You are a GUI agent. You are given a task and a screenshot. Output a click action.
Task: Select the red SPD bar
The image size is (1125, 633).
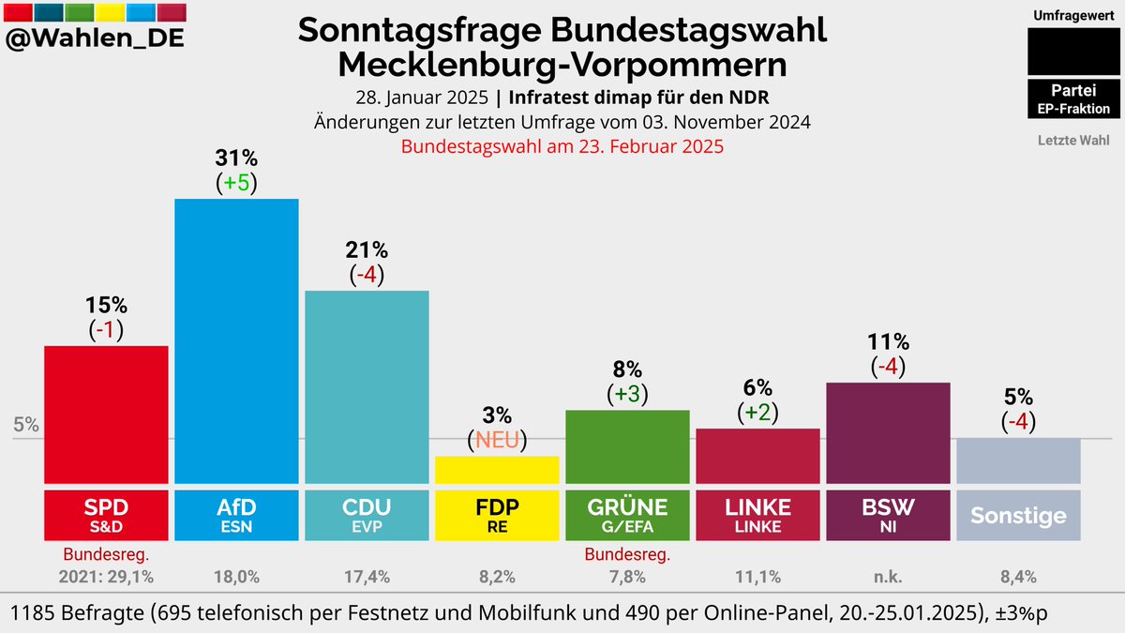107,413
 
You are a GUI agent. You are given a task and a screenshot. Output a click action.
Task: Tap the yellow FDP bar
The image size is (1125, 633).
497,469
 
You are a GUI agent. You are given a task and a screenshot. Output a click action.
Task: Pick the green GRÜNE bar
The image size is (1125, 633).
627,445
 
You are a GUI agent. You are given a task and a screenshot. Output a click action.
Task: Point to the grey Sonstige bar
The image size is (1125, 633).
1018,460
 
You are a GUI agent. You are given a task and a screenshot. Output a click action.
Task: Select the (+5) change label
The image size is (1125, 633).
237,183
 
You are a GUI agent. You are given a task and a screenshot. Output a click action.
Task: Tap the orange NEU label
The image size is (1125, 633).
497,439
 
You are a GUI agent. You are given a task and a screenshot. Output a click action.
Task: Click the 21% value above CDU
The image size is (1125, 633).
367,250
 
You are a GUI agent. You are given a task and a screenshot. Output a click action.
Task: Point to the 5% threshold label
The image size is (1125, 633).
26,424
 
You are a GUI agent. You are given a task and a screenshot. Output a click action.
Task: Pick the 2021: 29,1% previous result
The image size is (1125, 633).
107,575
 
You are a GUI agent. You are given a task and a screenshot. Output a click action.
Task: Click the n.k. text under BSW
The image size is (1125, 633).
888,575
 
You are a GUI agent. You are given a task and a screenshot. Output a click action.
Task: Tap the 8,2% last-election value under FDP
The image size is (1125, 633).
497,575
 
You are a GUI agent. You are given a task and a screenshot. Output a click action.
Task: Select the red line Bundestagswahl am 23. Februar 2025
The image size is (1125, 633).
562,146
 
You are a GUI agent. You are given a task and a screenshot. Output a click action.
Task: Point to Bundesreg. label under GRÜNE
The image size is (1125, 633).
627,554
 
